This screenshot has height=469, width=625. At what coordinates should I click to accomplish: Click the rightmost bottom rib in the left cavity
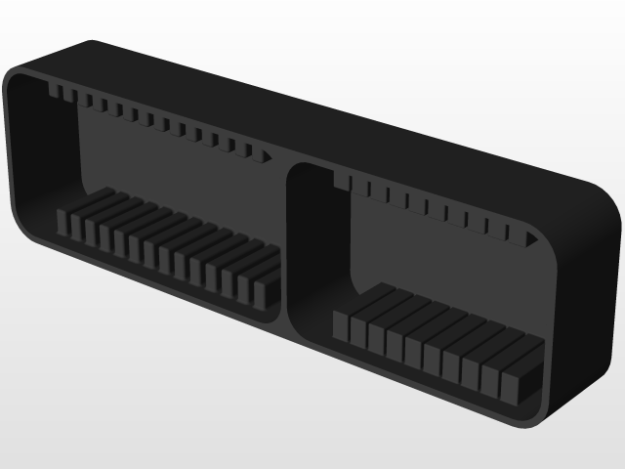pyautogui.click(x=266, y=289)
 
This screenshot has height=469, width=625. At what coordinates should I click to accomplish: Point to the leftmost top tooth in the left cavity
pyautogui.click(x=55, y=92)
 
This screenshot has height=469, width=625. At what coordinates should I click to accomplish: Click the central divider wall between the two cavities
pyautogui.click(x=289, y=244)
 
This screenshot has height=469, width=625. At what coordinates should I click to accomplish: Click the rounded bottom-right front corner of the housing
pyautogui.click(x=547, y=415)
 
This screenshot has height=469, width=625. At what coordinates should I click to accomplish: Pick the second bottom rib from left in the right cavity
pyautogui.click(x=358, y=330)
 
